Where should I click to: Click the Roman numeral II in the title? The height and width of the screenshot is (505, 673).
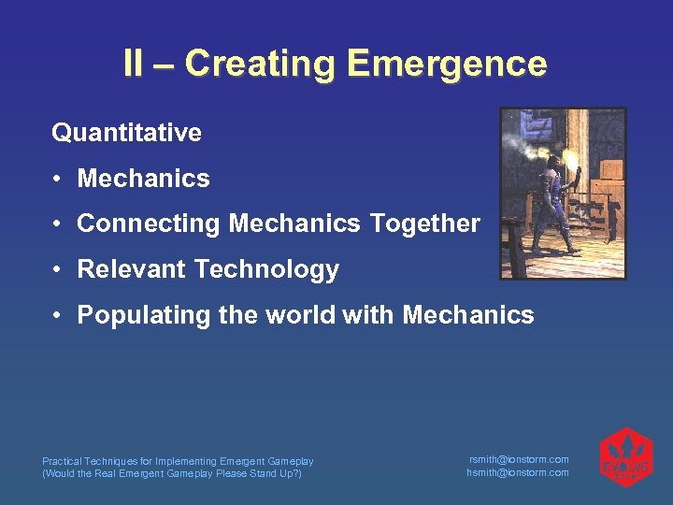(x=135, y=64)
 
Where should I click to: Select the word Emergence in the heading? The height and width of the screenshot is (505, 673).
(x=446, y=64)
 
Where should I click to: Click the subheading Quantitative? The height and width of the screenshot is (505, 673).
(x=126, y=133)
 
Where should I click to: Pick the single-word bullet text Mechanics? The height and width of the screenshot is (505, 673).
(x=144, y=179)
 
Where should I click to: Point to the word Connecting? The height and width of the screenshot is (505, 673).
(x=150, y=224)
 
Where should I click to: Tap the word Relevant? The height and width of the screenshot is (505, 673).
(x=132, y=270)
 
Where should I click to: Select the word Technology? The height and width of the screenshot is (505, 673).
(x=267, y=270)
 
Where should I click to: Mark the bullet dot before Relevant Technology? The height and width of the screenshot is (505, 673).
(x=58, y=270)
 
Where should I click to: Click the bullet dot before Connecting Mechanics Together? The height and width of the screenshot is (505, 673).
(x=58, y=224)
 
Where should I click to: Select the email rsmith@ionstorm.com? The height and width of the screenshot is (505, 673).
(x=518, y=459)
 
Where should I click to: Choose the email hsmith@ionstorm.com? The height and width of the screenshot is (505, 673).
(x=518, y=472)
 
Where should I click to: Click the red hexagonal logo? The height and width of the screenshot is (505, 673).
(x=625, y=457)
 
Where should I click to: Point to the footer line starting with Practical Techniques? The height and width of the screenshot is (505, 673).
(x=178, y=461)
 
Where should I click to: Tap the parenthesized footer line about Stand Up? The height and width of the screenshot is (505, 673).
(x=174, y=473)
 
